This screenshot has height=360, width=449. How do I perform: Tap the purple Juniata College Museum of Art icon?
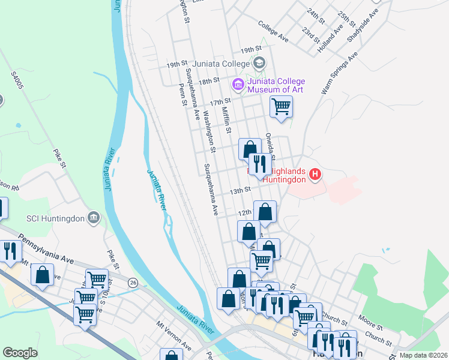[238, 85]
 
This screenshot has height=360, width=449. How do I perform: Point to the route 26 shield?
[133, 281]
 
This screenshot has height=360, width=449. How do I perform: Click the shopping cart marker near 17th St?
[281, 108]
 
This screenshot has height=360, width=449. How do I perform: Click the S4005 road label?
[19, 82]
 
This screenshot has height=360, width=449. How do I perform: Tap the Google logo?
[20, 353]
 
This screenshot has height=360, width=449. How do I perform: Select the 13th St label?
[240, 191]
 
